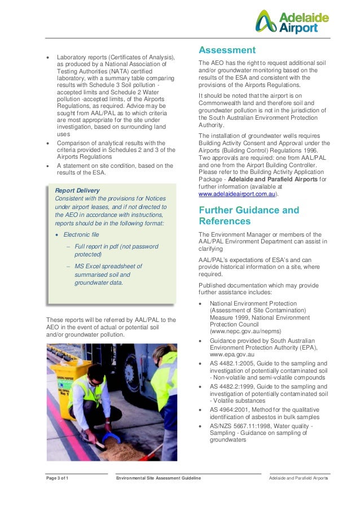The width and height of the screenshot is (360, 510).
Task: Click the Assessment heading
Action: tap(227, 50)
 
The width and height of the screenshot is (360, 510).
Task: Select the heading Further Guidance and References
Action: tap(249, 215)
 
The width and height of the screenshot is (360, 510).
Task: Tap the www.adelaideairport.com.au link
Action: tap(237, 194)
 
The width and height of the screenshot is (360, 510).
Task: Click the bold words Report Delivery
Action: tap(77, 190)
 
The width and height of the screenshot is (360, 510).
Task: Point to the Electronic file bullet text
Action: tap(81, 234)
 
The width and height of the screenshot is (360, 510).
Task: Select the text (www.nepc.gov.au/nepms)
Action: tap(242, 332)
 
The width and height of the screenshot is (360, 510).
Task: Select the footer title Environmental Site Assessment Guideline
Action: tap(158, 478)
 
